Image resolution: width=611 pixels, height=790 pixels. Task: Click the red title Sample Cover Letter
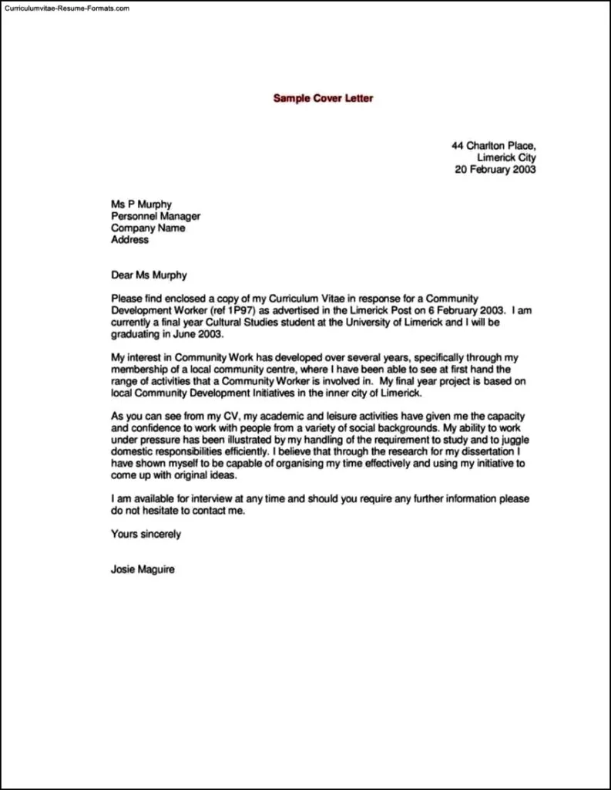pos(323,99)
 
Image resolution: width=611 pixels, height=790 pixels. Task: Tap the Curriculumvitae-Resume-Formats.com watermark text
pos(66,8)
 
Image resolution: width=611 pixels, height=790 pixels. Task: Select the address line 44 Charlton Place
pos(493,145)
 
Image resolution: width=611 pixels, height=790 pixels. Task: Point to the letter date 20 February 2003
pos(495,170)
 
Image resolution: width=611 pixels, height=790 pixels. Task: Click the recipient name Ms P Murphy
pos(141,204)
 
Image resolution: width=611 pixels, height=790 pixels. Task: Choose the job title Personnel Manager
pos(156,217)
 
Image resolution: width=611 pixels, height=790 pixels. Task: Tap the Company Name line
pos(148,228)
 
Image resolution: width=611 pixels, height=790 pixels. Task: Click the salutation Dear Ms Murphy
pos(149,275)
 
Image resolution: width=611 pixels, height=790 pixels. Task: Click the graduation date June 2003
pos(197,334)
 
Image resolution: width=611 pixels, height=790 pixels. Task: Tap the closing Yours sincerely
pos(146,534)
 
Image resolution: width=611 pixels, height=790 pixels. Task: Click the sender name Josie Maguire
pos(144,570)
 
